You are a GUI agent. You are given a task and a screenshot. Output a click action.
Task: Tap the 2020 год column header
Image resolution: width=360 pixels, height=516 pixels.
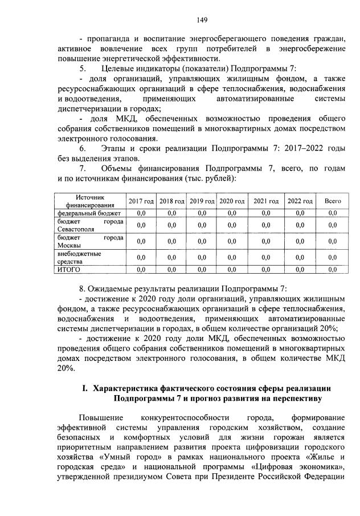[x=232, y=201]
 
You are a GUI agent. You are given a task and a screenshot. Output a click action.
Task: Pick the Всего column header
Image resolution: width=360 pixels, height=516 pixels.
[x=333, y=201]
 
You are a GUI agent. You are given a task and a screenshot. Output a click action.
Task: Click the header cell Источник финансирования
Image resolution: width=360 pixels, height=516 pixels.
[x=89, y=201]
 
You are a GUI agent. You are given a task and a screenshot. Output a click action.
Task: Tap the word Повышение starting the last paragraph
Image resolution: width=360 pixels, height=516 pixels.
[x=100, y=417]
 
